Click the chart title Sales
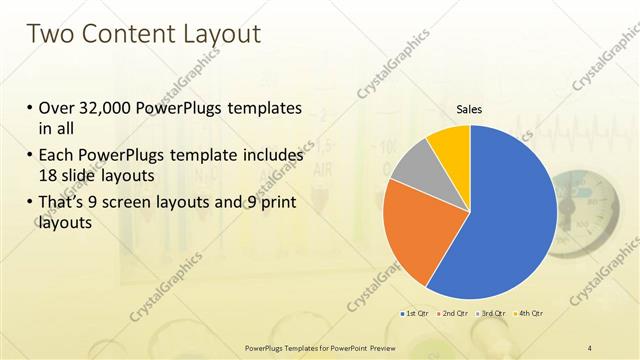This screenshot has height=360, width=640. pos(469,109)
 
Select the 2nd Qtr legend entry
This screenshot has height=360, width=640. pos(454,314)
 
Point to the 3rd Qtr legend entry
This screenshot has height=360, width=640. pos(491,314)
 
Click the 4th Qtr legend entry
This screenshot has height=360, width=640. pos(527,314)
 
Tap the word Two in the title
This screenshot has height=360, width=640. pos(49,34)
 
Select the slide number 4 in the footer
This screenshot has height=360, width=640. pos(589,347)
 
